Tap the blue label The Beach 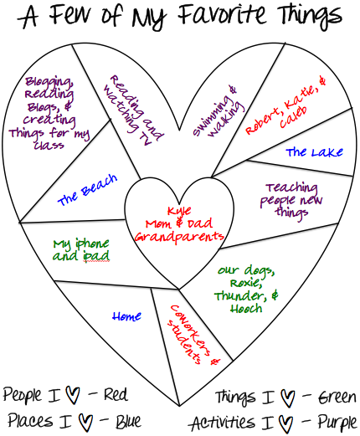click(x=87, y=190)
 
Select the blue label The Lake click(x=314, y=152)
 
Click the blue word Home click(x=126, y=316)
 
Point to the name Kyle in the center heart click(x=179, y=211)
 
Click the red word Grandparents click(x=179, y=238)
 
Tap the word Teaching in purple click(x=292, y=187)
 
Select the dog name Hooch click(x=246, y=309)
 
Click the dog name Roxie click(x=246, y=284)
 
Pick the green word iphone click(x=92, y=244)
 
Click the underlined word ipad click(x=96, y=256)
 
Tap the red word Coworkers click(x=190, y=331)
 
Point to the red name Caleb click(x=293, y=116)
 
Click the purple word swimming click(x=211, y=116)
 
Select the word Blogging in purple click(x=49, y=82)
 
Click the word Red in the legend click(x=116, y=394)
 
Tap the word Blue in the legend click(x=128, y=421)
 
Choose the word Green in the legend click(x=337, y=398)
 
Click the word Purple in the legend click(x=337, y=423)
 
